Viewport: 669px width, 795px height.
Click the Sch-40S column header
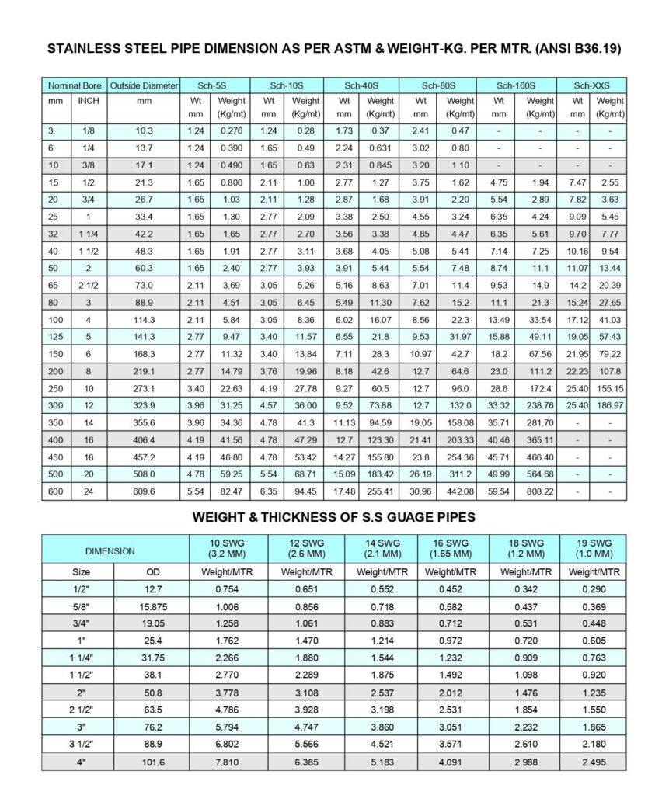coord(361,85)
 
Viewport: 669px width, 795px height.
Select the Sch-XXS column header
coord(591,85)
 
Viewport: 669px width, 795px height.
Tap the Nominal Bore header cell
coord(75,85)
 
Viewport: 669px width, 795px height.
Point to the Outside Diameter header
coord(144,85)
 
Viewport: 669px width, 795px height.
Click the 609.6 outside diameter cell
coord(144,491)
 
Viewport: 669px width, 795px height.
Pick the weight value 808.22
coord(540,491)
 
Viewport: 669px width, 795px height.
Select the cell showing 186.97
coord(610,405)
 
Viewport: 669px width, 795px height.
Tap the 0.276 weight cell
coord(232,131)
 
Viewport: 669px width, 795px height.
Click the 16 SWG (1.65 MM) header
coord(453,548)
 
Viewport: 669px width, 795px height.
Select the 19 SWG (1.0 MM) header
coord(594,548)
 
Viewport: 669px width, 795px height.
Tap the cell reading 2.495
coord(594,762)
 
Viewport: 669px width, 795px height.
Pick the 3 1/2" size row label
coord(78,745)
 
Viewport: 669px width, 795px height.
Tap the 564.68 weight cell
coord(540,474)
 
